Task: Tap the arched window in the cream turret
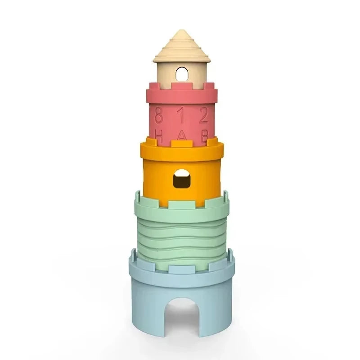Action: click(181, 74)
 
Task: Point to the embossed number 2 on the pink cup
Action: click(204, 116)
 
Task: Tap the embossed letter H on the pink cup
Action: click(158, 135)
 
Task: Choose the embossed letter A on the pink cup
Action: click(181, 135)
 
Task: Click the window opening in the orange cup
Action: click(181, 180)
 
